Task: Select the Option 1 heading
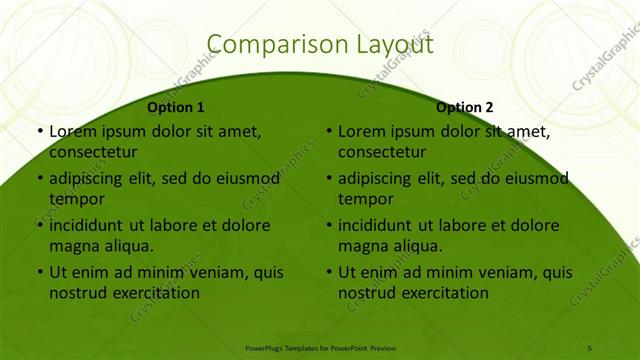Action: click(176, 107)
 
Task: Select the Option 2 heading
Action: click(465, 107)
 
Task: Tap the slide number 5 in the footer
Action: click(589, 346)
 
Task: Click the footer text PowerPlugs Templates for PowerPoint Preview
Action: click(320, 346)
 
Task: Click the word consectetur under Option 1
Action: click(93, 153)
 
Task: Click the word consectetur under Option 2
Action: click(382, 153)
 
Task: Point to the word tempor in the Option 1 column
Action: click(76, 199)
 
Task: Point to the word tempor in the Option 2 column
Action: click(365, 199)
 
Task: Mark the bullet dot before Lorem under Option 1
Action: click(39, 132)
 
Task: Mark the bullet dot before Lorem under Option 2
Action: click(328, 132)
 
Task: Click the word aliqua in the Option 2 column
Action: click(415, 246)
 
